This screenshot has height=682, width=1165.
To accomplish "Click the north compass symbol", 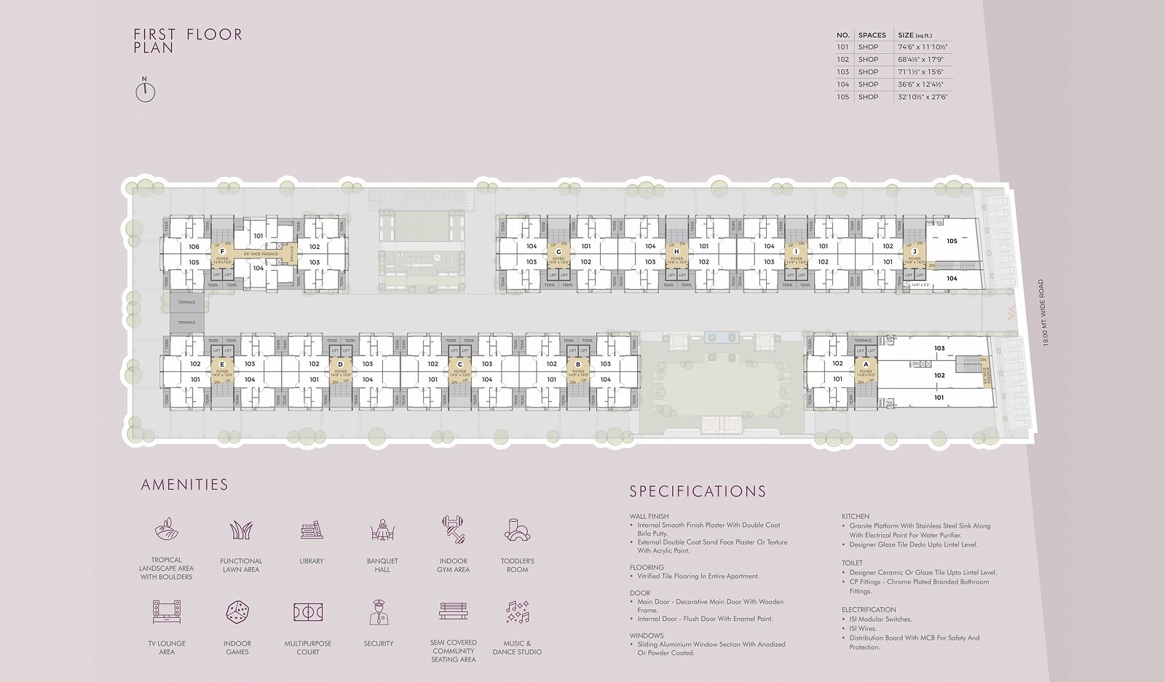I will pyautogui.click(x=146, y=91).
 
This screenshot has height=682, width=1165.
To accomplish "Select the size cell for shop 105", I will pyautogui.click(x=923, y=97).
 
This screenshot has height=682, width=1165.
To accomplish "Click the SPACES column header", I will pyautogui.click(x=872, y=35).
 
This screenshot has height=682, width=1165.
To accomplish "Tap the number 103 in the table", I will pyautogui.click(x=843, y=72).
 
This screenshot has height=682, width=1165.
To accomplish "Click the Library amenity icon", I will pyautogui.click(x=311, y=531).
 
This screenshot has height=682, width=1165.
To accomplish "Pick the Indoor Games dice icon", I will pyautogui.click(x=237, y=612).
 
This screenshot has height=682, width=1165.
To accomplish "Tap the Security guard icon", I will pyautogui.click(x=378, y=612).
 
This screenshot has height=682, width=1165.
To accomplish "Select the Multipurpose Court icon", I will pyautogui.click(x=307, y=612).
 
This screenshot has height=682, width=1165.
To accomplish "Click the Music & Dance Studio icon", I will pyautogui.click(x=517, y=612).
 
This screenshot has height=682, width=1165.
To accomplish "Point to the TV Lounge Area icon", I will pyautogui.click(x=167, y=612).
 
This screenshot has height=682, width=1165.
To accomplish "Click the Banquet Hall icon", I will pyautogui.click(x=382, y=531).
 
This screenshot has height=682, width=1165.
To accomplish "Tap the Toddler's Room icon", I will pyautogui.click(x=517, y=531).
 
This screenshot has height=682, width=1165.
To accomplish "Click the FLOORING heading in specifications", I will pyautogui.click(x=647, y=567).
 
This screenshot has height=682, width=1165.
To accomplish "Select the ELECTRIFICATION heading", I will pyautogui.click(x=869, y=610).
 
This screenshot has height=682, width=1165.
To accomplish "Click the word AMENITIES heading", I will pyautogui.click(x=184, y=485).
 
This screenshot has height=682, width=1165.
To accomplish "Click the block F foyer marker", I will pyautogui.click(x=222, y=252).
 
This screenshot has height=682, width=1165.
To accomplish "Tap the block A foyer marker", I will pyautogui.click(x=866, y=364).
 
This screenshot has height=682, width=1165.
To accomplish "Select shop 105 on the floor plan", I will pyautogui.click(x=952, y=241).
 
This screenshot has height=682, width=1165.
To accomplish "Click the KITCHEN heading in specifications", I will pyautogui.click(x=856, y=516).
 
